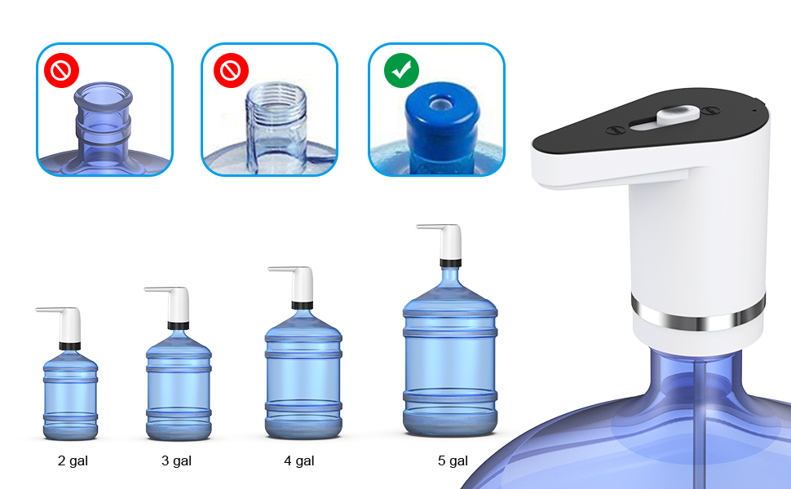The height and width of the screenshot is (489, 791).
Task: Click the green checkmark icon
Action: [401, 72]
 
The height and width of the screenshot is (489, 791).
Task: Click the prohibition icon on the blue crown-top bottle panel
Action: [60, 72]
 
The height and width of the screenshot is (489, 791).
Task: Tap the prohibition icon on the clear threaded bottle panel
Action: [231, 72]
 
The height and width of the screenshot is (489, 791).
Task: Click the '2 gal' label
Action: [73, 460]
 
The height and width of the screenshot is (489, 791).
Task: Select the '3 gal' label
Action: [176, 460]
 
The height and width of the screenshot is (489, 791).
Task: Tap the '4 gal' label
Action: [299, 460]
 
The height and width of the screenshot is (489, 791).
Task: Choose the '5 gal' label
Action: [453, 460]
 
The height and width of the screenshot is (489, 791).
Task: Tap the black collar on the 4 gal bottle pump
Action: [302, 305]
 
